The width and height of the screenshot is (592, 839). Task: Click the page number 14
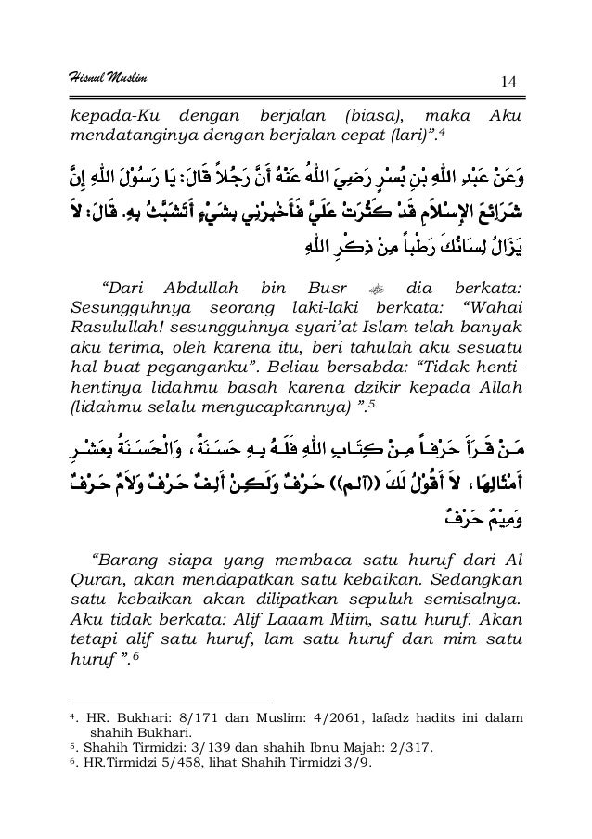point(507,85)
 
